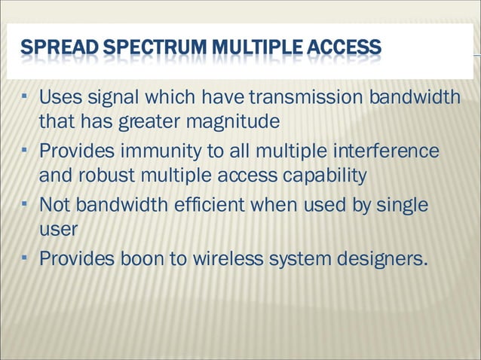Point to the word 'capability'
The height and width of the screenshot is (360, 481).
[325, 175]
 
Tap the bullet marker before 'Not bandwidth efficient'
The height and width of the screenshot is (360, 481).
[26, 203]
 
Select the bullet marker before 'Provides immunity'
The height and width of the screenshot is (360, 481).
[26, 150]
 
